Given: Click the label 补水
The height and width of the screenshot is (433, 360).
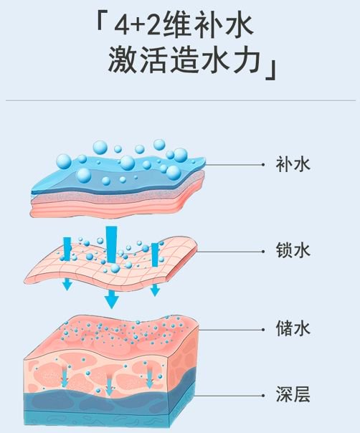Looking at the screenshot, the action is tap(293, 165).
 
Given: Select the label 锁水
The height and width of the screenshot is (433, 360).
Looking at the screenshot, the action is tap(293, 250).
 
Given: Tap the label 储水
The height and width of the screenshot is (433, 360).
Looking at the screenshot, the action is tap(293, 328).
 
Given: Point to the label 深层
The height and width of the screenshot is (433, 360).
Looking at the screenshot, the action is tap(293, 394).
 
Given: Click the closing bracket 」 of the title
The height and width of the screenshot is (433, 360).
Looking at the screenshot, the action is tap(271, 71).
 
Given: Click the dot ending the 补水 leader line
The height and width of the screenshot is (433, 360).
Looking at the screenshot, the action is tap(263, 165).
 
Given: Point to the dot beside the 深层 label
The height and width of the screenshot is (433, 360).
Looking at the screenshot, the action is tap(263, 396).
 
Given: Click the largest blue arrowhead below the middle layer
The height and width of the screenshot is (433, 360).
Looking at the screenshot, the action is tap(111, 300).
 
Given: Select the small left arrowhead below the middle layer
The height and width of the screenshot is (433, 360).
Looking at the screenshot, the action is tap(67, 285).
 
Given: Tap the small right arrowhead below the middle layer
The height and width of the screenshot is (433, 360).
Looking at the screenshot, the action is tap(155, 290).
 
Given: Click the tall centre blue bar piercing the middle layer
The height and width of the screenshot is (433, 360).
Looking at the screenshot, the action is tap(112, 244).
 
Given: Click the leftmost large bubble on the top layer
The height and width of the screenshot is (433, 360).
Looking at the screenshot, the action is tap(64, 161).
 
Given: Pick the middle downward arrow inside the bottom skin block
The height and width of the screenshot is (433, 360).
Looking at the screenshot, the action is tap(110, 384).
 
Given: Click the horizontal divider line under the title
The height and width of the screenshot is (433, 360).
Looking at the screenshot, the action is tap(181, 100).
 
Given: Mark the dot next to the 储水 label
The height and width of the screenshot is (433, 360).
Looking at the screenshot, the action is tap(263, 330).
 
